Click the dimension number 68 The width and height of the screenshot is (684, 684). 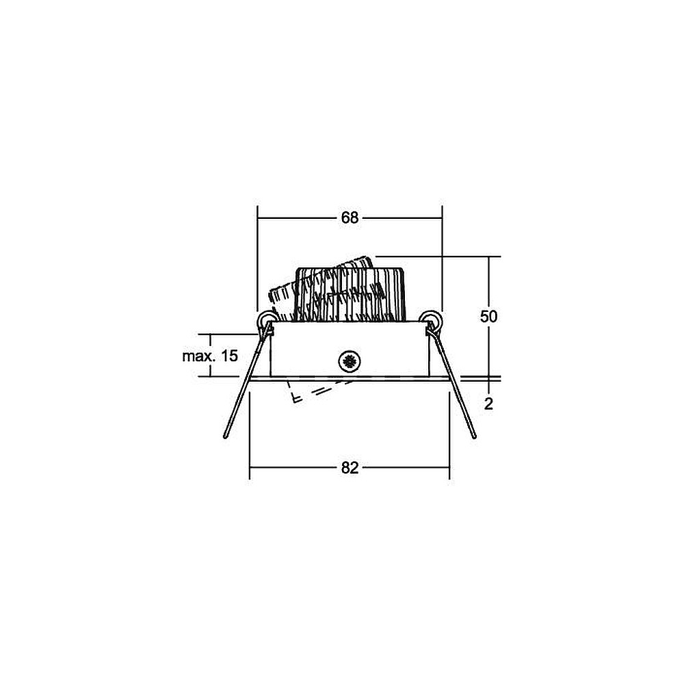pos(350,218)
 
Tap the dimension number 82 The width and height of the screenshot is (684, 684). pos(350,468)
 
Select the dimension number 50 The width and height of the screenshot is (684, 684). pos(488,316)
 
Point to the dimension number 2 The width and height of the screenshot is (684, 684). pos(488,404)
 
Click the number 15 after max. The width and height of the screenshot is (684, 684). pos(229,356)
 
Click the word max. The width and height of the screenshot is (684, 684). pos(199,356)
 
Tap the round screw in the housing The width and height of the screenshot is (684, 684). pos(350,362)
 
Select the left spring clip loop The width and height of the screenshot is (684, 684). pos(265,321)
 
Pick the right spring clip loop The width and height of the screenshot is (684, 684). pos(432,321)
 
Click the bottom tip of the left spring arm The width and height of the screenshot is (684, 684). pos(225,436)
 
